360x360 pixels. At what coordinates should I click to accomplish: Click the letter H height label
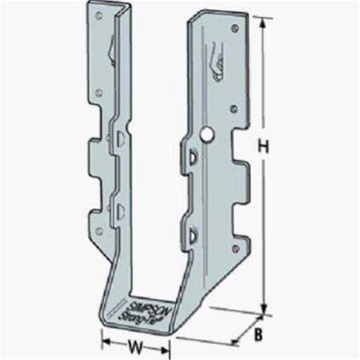(264, 147)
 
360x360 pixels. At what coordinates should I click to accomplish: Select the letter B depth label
(258, 335)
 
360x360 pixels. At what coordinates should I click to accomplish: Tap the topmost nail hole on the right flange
(233, 29)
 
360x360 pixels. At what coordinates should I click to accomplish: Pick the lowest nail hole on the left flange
(99, 231)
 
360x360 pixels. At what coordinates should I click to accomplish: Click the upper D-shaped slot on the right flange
(192, 159)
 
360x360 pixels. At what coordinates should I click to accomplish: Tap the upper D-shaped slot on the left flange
(122, 137)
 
